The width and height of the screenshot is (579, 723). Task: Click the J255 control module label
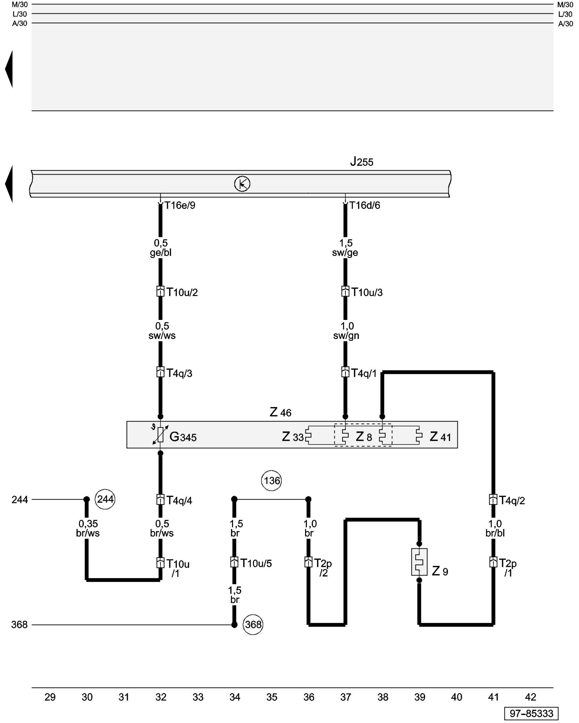point(362,162)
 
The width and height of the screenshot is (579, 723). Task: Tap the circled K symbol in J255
point(242,184)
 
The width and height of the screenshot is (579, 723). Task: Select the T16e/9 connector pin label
point(180,205)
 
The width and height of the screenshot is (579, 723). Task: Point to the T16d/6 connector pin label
point(365,205)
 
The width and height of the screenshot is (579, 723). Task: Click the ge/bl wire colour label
point(161,253)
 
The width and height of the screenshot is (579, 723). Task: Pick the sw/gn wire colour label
point(346,335)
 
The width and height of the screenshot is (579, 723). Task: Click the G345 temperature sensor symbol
point(160,435)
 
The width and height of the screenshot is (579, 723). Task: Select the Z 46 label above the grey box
point(280,412)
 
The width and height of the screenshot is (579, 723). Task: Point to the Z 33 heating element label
point(292,437)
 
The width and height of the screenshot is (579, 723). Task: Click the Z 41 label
point(440,437)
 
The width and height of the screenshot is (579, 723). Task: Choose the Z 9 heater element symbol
point(419,562)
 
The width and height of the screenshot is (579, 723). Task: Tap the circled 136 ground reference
point(271,480)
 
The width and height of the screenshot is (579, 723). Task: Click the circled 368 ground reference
point(253,624)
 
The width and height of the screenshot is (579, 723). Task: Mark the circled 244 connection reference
point(105,499)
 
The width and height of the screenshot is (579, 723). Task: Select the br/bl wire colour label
point(495,533)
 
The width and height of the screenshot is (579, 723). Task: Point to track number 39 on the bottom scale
point(419,697)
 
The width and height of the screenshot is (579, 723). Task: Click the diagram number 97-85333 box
point(531,713)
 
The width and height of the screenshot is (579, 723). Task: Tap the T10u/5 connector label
point(256,563)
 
